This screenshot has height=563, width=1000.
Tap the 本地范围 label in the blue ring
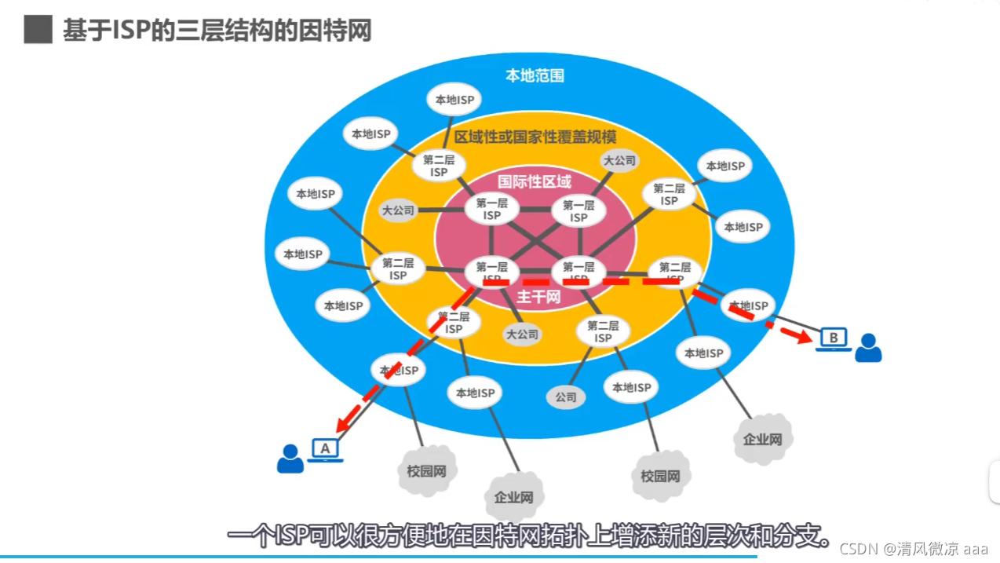pyautogui.click(x=535, y=76)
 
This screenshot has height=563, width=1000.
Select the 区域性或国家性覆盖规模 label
pyautogui.click(x=535, y=137)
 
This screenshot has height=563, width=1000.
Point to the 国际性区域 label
pyautogui.click(x=535, y=181)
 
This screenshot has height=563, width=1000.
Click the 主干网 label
pyautogui.click(x=538, y=297)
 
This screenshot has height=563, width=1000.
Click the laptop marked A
pyautogui.click(x=324, y=450)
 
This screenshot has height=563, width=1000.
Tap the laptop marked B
pyautogui.click(x=834, y=339)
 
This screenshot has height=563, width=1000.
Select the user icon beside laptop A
pyautogui.click(x=290, y=459)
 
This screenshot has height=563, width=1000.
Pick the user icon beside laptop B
pyautogui.click(x=867, y=348)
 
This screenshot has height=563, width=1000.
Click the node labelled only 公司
pyautogui.click(x=566, y=397)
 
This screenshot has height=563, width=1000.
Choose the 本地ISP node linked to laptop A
pyautogui.click(x=399, y=370)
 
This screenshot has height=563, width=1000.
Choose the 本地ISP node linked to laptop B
pyautogui.click(x=747, y=305)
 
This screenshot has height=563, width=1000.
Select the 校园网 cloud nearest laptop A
pyautogui.click(x=426, y=471)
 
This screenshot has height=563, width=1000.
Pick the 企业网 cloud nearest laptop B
pyautogui.click(x=762, y=438)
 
